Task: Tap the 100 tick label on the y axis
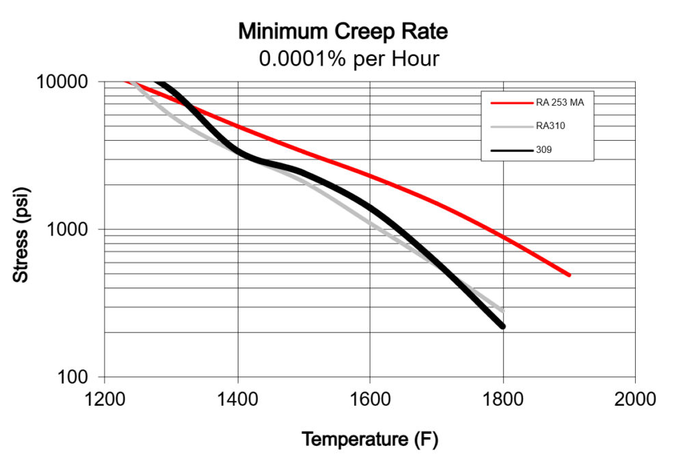pyautogui.click(x=81, y=377)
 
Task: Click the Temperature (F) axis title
pyautogui.click(x=370, y=439)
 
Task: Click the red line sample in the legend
pyautogui.click(x=510, y=104)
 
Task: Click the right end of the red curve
pyautogui.click(x=569, y=275)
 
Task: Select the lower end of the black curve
pyautogui.click(x=503, y=326)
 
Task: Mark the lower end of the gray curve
pyautogui.click(x=504, y=311)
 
